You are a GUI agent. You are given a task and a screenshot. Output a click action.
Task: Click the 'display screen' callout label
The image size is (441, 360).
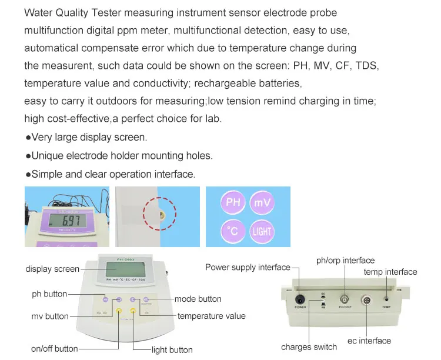coord(52,269)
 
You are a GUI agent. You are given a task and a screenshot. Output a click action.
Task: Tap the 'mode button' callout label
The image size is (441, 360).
coord(198,299)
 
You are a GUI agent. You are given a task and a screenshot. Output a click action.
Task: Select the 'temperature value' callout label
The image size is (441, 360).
coord(212,316)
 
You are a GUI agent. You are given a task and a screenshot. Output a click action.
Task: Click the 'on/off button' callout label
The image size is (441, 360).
coord(55,348)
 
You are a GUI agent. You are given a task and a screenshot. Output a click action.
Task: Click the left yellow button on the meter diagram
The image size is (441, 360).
coord(119,311)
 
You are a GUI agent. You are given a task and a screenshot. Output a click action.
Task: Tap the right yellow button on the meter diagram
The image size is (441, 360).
coord(133,311)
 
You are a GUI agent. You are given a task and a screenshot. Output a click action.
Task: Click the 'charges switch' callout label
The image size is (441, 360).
coord(309,347)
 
